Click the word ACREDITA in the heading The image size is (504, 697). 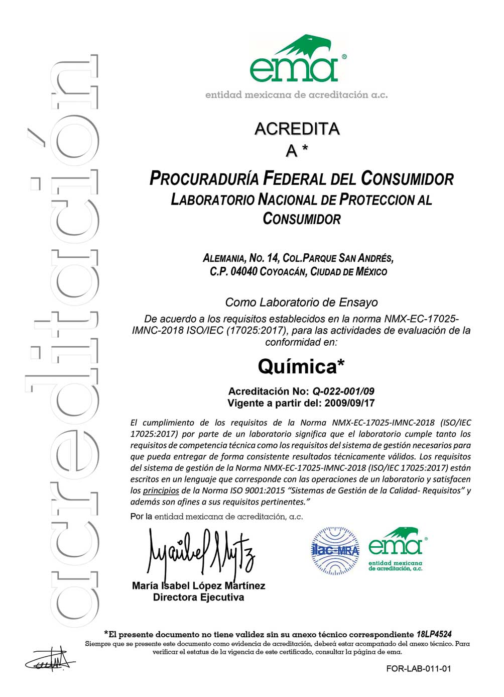(x=297, y=129)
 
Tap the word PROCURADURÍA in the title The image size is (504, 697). (x=204, y=179)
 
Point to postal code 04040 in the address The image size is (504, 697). (x=243, y=272)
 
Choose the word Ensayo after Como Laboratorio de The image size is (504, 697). (x=358, y=303)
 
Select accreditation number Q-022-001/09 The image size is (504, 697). (x=343, y=391)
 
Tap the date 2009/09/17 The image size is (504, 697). (x=349, y=403)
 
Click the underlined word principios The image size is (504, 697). (x=161, y=490)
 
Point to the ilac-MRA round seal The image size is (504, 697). (x=335, y=550)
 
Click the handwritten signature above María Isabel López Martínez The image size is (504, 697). (x=201, y=553)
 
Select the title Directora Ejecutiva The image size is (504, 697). (x=199, y=598)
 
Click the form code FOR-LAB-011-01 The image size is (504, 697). (x=419, y=669)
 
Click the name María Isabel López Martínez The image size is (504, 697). (x=199, y=586)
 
